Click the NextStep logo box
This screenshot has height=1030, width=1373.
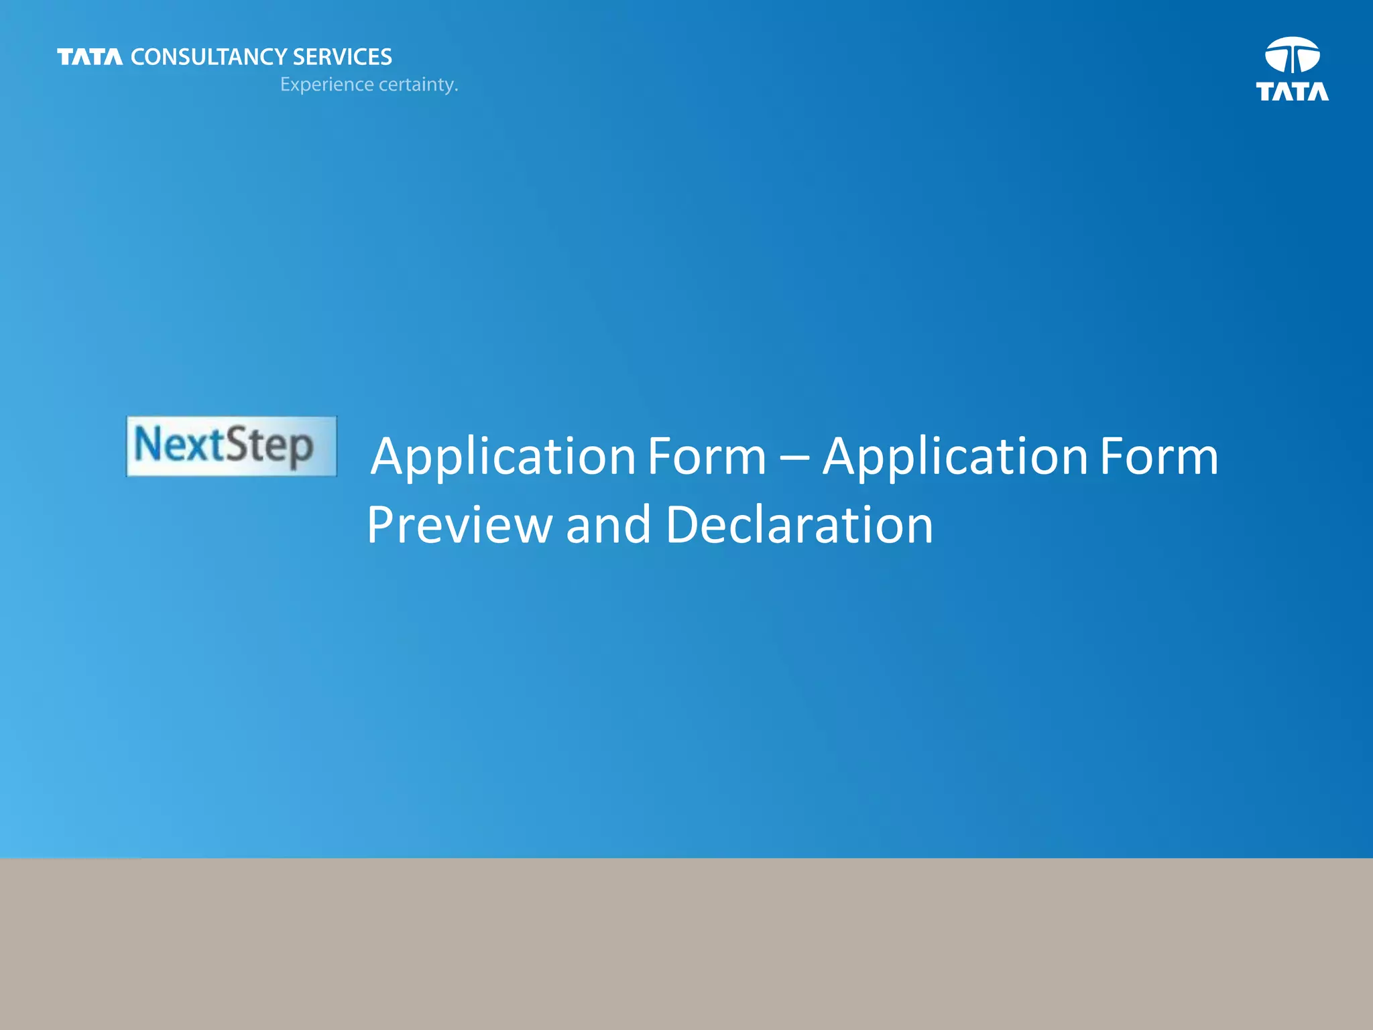(x=231, y=447)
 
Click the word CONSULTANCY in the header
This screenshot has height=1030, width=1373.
(x=209, y=57)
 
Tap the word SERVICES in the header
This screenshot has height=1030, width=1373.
(x=343, y=57)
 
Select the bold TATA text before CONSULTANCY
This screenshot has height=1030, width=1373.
(x=90, y=57)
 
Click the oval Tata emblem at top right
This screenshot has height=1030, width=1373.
(x=1292, y=55)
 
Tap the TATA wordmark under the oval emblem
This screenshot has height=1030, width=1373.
(x=1292, y=92)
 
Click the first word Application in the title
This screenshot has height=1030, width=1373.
(x=503, y=457)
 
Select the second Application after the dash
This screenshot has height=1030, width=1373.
(x=955, y=457)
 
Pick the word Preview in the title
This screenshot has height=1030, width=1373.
(x=459, y=525)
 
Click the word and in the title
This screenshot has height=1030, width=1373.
(x=608, y=525)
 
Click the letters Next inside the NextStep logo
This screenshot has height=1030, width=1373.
(x=178, y=445)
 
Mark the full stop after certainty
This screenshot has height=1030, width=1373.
(x=456, y=91)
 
